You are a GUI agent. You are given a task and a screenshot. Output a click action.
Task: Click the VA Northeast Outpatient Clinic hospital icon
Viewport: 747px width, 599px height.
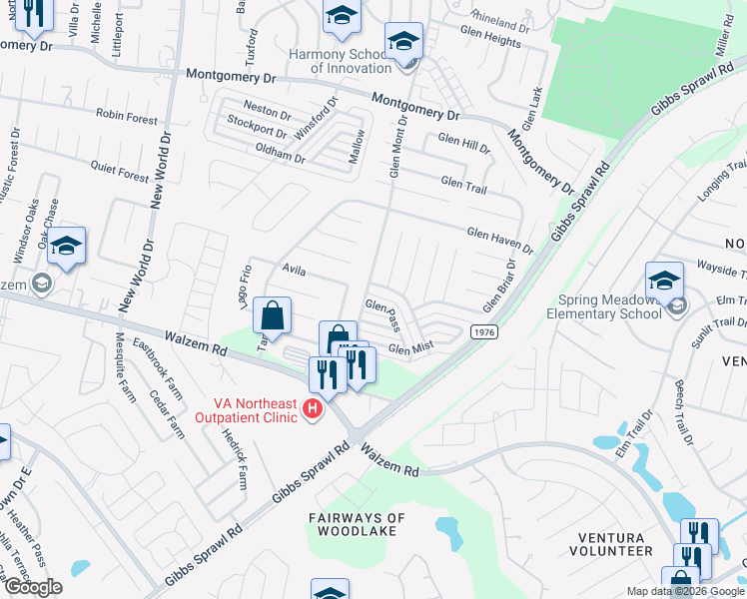(x=314, y=409)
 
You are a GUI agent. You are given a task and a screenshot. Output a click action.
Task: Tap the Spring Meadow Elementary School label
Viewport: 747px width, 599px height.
(x=603, y=306)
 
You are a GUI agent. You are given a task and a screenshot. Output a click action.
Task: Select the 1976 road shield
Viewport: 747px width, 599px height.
(x=483, y=331)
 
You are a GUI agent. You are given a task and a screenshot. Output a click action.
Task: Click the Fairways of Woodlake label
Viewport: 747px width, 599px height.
(x=357, y=524)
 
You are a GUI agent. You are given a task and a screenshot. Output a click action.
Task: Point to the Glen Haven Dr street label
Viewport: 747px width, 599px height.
(x=499, y=239)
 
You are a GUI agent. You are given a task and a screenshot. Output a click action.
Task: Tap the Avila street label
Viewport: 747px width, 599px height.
(x=293, y=270)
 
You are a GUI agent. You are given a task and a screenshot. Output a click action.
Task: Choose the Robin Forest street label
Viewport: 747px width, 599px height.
(x=127, y=117)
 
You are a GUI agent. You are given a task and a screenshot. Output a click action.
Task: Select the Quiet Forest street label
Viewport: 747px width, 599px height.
(x=119, y=173)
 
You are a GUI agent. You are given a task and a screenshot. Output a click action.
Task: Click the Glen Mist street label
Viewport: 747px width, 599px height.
(x=409, y=348)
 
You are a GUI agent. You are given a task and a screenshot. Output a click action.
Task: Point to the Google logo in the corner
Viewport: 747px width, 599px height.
(x=33, y=587)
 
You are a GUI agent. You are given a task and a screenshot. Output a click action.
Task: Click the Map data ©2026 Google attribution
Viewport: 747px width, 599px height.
(x=684, y=591)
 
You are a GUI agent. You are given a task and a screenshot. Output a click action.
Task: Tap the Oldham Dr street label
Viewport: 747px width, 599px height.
(x=280, y=156)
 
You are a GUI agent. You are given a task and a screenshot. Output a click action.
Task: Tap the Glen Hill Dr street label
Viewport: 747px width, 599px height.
(x=464, y=145)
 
